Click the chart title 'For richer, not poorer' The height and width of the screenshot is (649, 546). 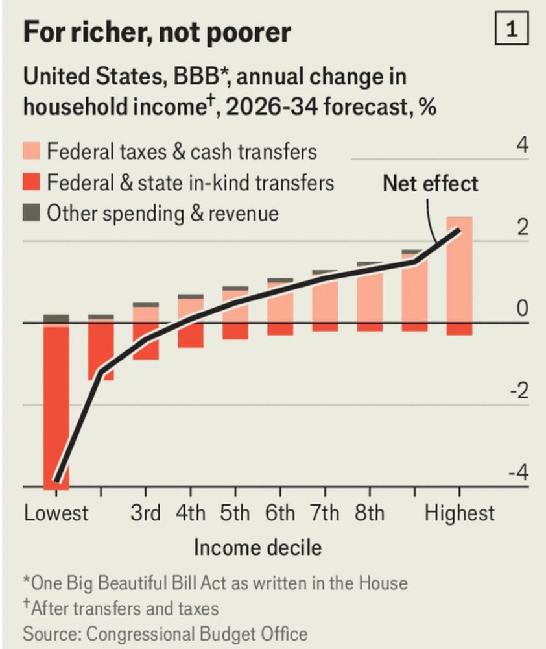point(156,32)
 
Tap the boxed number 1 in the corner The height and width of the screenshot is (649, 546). point(511,31)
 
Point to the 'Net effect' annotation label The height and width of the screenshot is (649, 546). point(430,183)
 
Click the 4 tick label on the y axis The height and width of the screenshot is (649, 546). point(522,145)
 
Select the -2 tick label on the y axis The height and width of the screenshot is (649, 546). point(518,391)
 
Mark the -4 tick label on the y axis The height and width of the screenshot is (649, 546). point(518,472)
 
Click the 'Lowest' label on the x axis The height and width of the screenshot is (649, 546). point(56,513)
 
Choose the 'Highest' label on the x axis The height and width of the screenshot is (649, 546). point(459,513)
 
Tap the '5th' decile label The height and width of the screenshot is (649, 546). point(235,513)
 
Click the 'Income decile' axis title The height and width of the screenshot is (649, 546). point(257,547)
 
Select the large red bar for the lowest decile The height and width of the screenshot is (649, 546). point(56,406)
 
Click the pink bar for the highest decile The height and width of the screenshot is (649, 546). point(459,273)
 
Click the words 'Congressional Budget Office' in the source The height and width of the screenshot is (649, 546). point(197,633)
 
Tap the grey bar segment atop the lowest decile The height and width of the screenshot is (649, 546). point(56,319)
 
